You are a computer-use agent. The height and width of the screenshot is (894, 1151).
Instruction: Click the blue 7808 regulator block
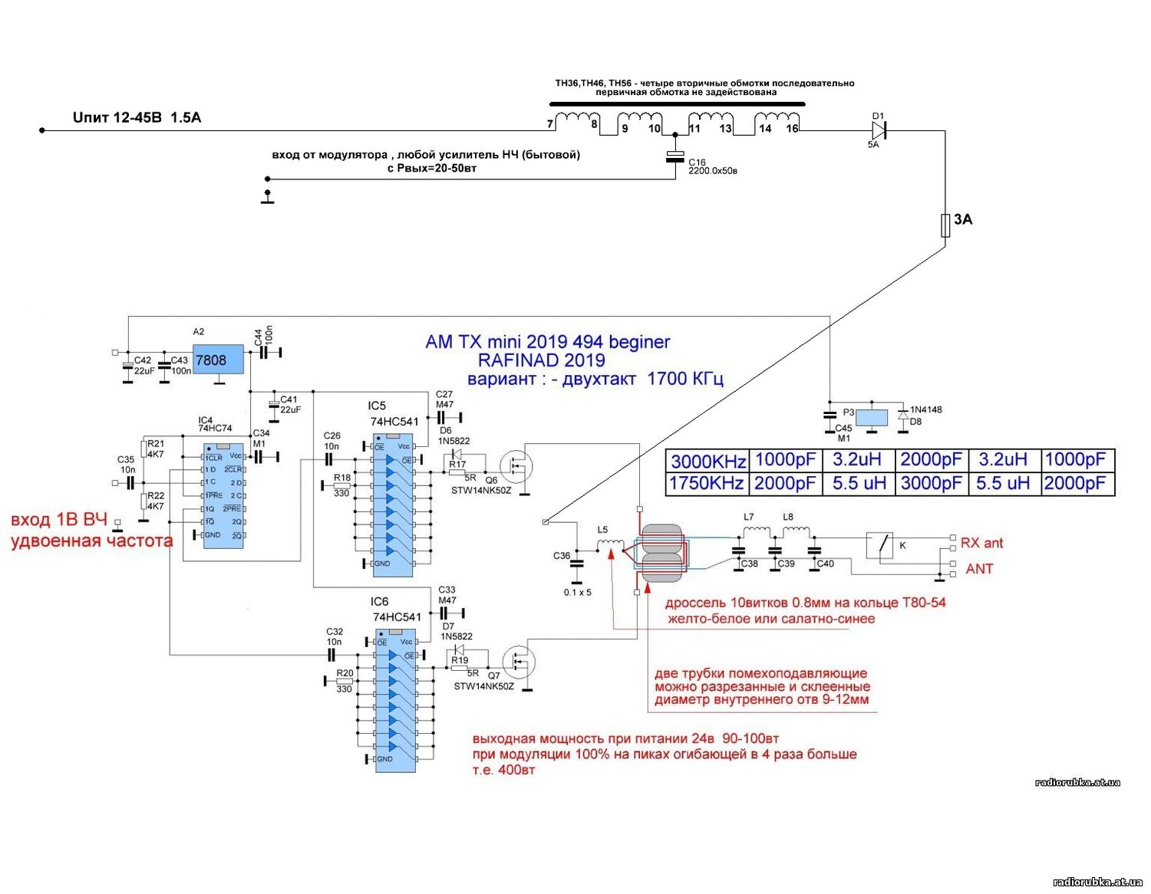click(217, 360)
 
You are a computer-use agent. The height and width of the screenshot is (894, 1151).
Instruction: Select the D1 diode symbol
click(879, 131)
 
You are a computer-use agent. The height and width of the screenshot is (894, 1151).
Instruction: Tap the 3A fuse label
click(963, 220)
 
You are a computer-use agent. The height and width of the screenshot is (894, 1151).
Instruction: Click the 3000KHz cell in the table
click(707, 462)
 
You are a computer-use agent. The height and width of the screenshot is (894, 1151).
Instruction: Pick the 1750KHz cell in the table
click(707, 484)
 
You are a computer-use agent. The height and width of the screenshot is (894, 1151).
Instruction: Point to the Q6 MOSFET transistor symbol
click(516, 465)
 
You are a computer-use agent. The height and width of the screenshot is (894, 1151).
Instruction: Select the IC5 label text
click(377, 406)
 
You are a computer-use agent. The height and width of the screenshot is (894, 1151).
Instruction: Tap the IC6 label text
click(379, 602)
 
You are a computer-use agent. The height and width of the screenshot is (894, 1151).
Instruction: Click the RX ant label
click(981, 543)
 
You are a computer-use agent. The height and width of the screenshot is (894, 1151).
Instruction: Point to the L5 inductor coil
click(611, 544)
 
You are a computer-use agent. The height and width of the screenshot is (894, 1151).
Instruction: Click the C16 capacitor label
click(697, 163)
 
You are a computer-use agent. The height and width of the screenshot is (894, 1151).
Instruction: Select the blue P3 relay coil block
click(871, 418)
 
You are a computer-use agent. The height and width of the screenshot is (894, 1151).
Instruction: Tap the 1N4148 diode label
click(926, 409)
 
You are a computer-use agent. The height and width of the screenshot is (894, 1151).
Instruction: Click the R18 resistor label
click(342, 478)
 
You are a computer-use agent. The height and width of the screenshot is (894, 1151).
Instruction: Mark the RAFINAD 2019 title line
click(541, 360)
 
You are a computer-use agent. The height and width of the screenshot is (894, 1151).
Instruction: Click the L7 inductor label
click(749, 517)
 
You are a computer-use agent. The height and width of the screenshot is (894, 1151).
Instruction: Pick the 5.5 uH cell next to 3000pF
click(1002, 484)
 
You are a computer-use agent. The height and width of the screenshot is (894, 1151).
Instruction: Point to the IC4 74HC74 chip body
click(223, 495)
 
